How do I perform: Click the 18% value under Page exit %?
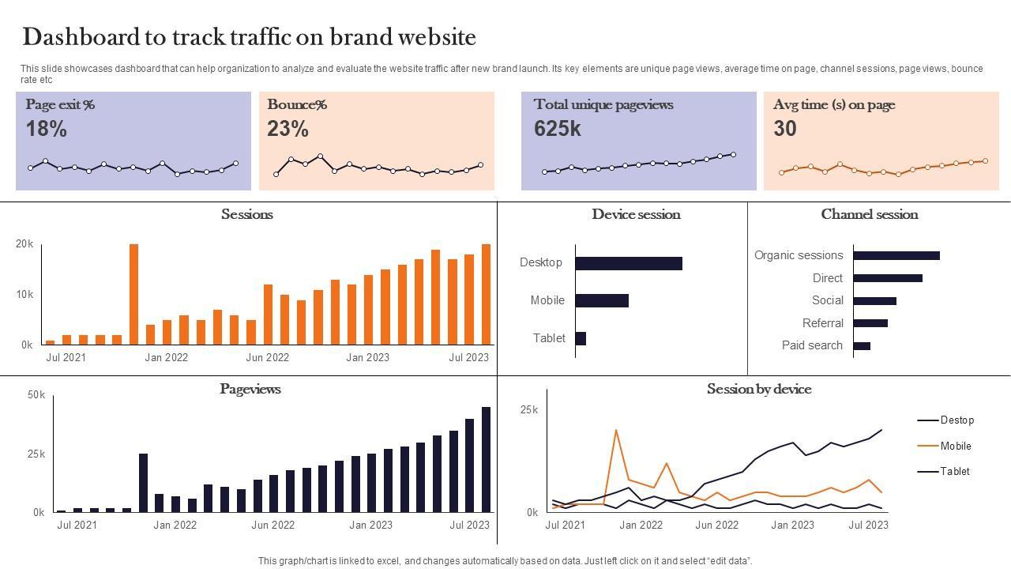coord(47,129)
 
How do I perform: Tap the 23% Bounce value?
coord(288,129)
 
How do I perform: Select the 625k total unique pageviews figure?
coord(558,129)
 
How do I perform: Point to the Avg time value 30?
coord(785,129)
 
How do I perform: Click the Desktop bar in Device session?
coord(629,263)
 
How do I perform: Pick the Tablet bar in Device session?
coord(581,338)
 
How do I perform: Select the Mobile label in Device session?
coord(547,300)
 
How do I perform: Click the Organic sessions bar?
coord(896,255)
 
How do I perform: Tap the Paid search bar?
coord(862,345)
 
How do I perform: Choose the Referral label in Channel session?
coord(823,323)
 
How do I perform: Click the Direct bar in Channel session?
coord(888,278)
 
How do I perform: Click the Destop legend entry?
coord(957,420)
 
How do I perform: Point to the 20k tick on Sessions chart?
coord(24,244)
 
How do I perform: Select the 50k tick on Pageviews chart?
coord(36,394)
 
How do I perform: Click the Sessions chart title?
coord(247,214)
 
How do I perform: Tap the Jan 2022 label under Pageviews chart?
coord(175,525)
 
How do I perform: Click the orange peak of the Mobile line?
coord(616,431)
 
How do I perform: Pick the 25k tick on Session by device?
coord(529,409)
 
